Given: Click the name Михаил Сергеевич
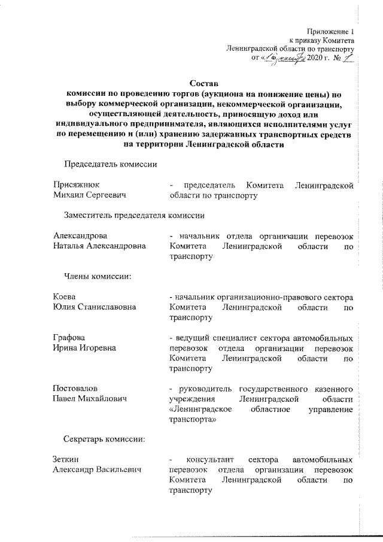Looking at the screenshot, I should [90, 195].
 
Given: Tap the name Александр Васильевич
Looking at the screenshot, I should [97, 470].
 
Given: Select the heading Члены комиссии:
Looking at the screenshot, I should [98, 276].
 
